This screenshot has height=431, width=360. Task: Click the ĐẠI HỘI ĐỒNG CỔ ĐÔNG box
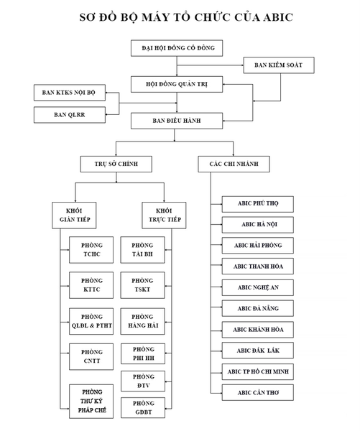coord(177,48)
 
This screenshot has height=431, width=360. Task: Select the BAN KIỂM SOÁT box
coord(279,65)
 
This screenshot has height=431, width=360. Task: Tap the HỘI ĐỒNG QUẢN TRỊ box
coord(177,84)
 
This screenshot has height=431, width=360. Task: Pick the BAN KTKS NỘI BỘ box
coord(70,93)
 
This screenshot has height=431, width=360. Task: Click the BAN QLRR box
coord(70,115)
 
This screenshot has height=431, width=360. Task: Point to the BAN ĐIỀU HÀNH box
coord(177,121)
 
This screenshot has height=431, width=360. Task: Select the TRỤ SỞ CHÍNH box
coord(116,164)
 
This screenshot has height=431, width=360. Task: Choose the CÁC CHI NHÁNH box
coord(234,164)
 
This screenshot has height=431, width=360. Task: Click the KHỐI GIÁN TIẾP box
coord(74,215)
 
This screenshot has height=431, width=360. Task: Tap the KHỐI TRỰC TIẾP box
coord(164,215)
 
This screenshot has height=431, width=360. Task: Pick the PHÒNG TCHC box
coord(91,250)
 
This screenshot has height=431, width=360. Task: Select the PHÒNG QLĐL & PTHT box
coord(91,321)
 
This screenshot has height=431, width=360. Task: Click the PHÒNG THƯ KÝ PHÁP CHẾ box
coord(91,402)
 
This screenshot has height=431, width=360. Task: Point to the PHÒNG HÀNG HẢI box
coord(143,321)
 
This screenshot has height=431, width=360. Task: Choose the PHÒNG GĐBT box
coord(143,408)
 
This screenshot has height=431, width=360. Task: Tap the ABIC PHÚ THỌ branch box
coord(258,204)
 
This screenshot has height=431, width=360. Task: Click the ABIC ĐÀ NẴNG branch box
coord(258,308)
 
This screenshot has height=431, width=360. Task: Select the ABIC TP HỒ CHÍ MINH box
coord(258,372)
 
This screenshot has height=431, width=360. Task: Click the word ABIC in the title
coord(278,17)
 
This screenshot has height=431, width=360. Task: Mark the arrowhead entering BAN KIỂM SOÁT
coord(242,65)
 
